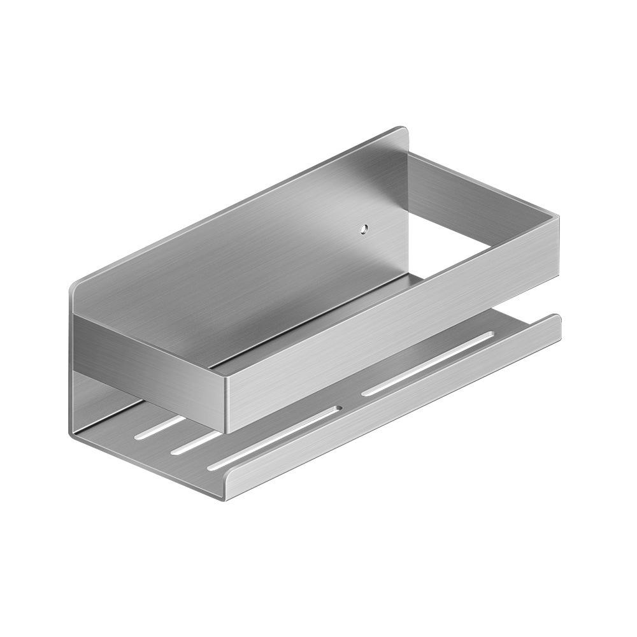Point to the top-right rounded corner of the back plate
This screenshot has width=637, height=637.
[403, 131]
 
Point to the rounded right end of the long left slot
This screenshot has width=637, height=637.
[338, 408]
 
